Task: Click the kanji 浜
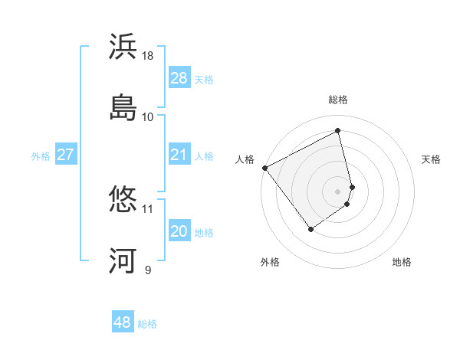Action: click(x=123, y=47)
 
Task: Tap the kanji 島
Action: click(x=123, y=108)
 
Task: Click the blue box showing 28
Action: click(x=179, y=77)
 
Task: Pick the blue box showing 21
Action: click(x=179, y=155)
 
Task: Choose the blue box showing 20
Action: click(x=179, y=231)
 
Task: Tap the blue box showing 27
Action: click(x=66, y=155)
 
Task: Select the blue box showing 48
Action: click(x=123, y=322)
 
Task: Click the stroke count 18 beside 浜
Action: click(x=148, y=56)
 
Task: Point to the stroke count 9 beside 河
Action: click(x=148, y=270)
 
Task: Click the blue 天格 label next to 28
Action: click(x=204, y=79)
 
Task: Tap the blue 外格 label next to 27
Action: click(x=41, y=155)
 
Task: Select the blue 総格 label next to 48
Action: click(x=147, y=324)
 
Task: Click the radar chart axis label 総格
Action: click(x=338, y=100)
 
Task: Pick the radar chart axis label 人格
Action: click(x=245, y=159)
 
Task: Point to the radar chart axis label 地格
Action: click(x=402, y=262)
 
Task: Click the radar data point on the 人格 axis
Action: click(x=264, y=168)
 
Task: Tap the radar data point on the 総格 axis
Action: click(x=338, y=131)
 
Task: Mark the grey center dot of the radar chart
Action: click(x=338, y=191)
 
